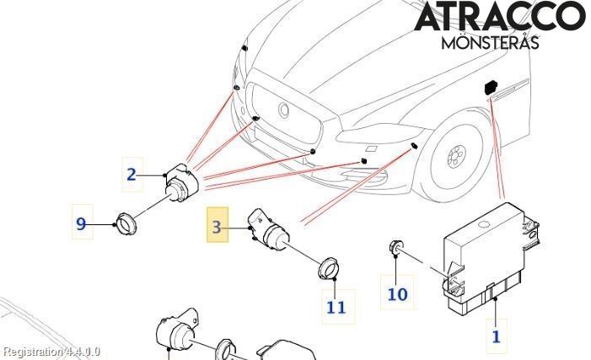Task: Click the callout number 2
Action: point(131,175)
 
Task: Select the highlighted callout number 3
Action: point(218,226)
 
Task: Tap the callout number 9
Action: point(81,223)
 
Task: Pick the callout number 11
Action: point(336,307)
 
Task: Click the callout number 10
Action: point(397,293)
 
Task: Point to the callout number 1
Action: point(496,336)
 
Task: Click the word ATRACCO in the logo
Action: point(499,17)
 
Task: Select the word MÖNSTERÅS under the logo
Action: point(490,41)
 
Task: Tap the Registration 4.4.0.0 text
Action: point(51,352)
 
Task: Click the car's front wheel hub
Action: point(456,155)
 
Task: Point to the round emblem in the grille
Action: point(285,110)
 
